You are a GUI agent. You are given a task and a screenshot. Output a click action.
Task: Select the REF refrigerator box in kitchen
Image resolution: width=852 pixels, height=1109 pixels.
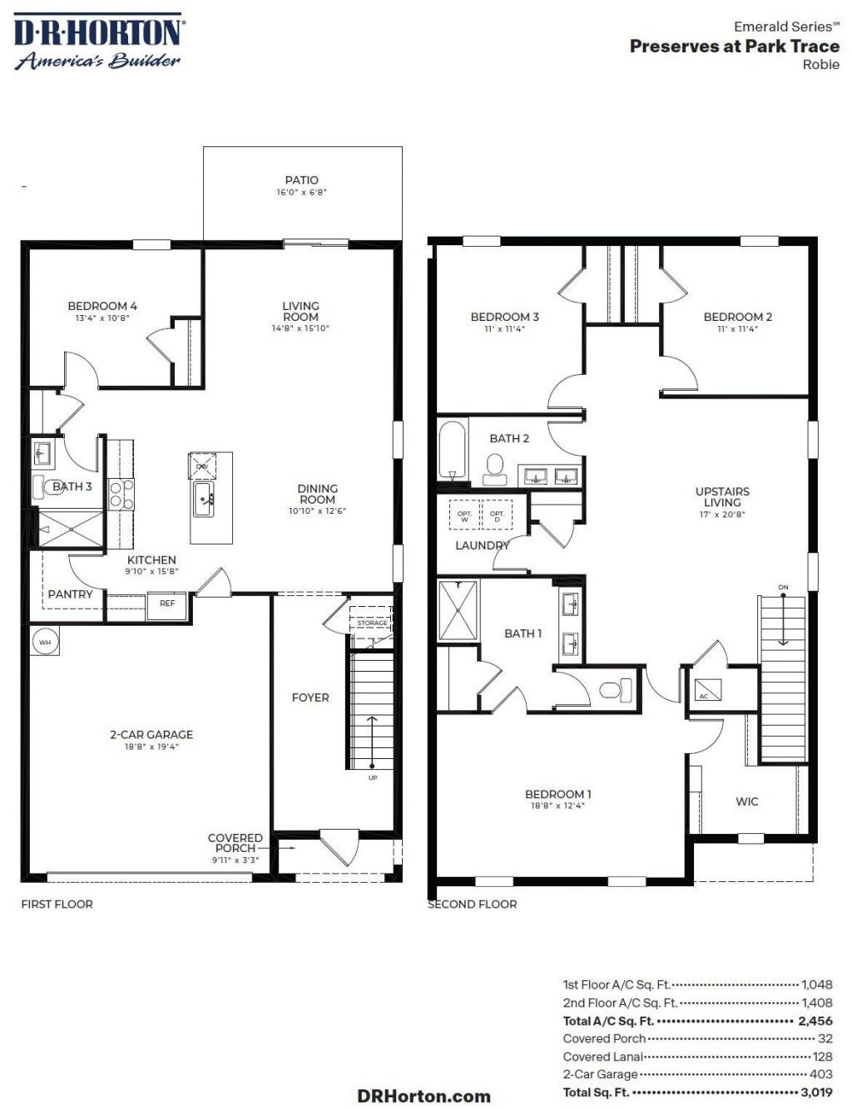(167, 604)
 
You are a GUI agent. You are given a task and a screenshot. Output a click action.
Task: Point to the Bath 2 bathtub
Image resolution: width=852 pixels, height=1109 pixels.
(453, 450)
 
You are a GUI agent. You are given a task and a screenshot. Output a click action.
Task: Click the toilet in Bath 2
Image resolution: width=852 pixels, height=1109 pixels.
(495, 469)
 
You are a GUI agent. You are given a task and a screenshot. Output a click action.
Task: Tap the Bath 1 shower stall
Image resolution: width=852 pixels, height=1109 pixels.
(458, 610)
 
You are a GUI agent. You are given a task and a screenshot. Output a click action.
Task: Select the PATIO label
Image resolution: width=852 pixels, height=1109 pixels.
(302, 180)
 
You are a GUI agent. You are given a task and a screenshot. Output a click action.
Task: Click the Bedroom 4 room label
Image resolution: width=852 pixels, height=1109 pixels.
(102, 307)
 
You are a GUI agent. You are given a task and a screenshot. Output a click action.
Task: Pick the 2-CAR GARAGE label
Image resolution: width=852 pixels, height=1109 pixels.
(151, 735)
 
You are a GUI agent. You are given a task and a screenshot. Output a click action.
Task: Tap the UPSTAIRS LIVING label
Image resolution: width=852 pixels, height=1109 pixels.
(722, 497)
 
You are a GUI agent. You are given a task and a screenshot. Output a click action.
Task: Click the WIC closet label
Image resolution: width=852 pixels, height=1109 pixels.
(746, 801)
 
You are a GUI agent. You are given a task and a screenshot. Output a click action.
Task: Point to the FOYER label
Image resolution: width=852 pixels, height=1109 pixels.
(310, 697)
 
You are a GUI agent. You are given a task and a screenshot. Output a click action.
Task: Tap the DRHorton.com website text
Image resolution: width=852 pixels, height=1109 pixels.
(424, 1096)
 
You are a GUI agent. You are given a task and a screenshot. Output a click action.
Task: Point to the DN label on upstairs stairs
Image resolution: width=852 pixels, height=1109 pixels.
(783, 588)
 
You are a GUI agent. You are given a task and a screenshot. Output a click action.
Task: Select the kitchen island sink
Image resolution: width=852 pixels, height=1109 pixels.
(205, 499)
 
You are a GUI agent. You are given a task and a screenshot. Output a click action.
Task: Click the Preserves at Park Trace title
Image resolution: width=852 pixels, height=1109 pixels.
(734, 47)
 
